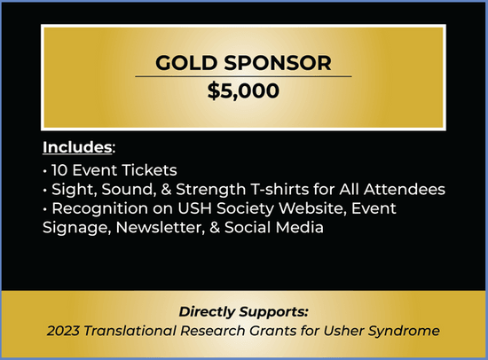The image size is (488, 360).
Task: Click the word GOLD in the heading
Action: pyautogui.click(x=186, y=63)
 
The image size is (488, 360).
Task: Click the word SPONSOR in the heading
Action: pyautogui.click(x=278, y=63)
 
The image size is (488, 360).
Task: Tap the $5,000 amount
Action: pyautogui.click(x=243, y=90)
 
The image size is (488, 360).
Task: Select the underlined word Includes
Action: pyautogui.click(x=77, y=147)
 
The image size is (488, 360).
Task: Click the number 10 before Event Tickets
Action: pyautogui.click(x=59, y=170)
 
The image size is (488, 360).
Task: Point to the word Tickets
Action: pyautogui.click(x=149, y=170)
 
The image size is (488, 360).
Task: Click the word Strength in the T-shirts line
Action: pyautogui.click(x=211, y=190)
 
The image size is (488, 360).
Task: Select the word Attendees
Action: pyautogui.click(x=405, y=189)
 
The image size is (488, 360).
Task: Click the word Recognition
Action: pyautogui.click(x=99, y=208)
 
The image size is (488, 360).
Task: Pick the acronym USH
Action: pyautogui.click(x=194, y=208)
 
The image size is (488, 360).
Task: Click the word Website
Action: pyautogui.click(x=313, y=208)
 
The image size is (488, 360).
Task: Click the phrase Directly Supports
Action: pyautogui.click(x=243, y=312)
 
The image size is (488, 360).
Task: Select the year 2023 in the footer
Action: pyautogui.click(x=63, y=331)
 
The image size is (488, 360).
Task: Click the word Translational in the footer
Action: pyautogui.click(x=130, y=331)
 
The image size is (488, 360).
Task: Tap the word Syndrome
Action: pyautogui.click(x=404, y=332)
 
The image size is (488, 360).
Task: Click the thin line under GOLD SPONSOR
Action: pyautogui.click(x=243, y=76)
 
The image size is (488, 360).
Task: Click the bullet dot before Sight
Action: pyautogui.click(x=45, y=190)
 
